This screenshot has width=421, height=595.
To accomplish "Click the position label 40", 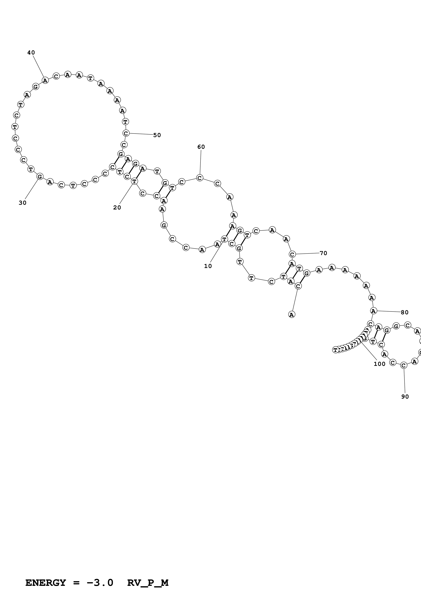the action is coord(31,53).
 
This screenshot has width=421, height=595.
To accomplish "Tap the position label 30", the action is coord(23,203).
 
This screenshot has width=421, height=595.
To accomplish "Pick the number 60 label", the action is coord(201,147).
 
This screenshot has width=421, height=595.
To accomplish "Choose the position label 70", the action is coord(323,253).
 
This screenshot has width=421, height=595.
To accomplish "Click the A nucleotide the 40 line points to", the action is coord(45,80).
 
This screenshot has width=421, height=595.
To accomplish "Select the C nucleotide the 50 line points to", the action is coord(126,133).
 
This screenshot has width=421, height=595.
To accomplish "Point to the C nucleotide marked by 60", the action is coord(200,178).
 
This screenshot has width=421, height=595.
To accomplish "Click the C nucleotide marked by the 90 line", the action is coord(403,365).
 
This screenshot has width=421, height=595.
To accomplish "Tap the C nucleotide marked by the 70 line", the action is coord(292,254).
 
